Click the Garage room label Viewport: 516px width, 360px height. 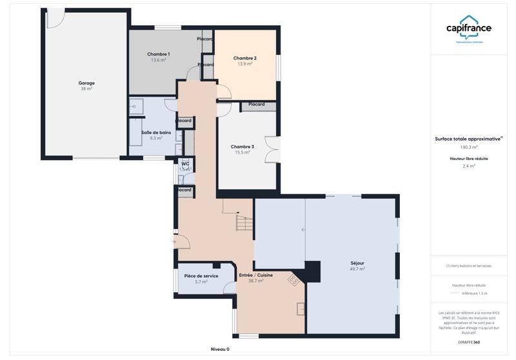[86, 83]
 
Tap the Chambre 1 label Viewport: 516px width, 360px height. [158, 54]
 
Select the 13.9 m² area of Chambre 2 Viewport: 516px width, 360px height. [244, 64]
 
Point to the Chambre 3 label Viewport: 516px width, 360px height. [242, 146]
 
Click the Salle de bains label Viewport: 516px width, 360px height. [155, 132]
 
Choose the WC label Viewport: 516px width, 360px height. [184, 164]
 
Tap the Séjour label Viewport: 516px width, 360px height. [357, 263]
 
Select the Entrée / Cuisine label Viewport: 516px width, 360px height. [255, 275]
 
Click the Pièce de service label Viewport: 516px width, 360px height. [201, 275]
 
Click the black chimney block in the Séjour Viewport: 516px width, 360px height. [313, 271]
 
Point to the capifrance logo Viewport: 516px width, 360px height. [469, 29]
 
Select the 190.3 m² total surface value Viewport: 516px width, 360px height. [469, 147]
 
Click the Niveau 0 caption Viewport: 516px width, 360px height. [220, 349]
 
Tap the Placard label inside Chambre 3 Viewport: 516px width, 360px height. [256, 105]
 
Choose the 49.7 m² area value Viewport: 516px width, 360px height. [357, 269]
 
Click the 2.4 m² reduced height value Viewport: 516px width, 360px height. [469, 166]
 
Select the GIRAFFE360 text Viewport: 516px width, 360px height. [469, 342]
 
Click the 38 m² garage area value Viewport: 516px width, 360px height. [86, 88]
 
